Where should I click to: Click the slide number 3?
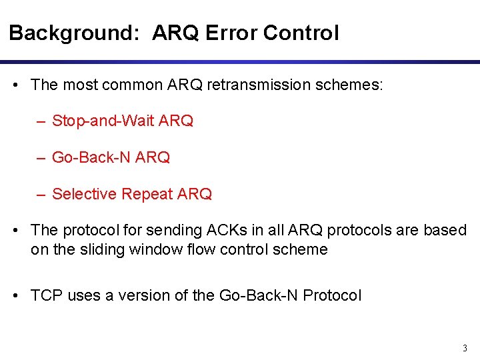click(x=465, y=347)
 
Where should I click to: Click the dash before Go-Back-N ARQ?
click(x=41, y=157)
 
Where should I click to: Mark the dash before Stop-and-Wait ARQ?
click(x=41, y=121)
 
